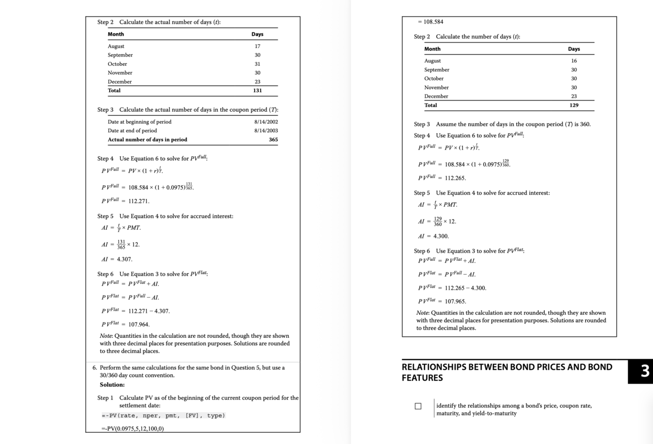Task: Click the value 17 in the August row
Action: (257, 46)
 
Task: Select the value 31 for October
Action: (257, 64)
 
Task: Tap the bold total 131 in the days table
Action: (257, 91)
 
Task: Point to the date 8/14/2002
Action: (266, 122)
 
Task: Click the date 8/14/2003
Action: (266, 131)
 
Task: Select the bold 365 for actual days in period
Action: (273, 140)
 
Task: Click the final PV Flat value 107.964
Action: (139, 325)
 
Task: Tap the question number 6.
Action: (95, 367)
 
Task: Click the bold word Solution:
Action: (112, 385)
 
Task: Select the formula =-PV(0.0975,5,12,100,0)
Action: (133, 429)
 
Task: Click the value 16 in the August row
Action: (574, 61)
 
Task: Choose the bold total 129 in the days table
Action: (574, 106)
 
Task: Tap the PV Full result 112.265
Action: (455, 179)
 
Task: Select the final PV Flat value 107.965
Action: (455, 302)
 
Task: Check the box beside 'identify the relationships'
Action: (418, 406)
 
